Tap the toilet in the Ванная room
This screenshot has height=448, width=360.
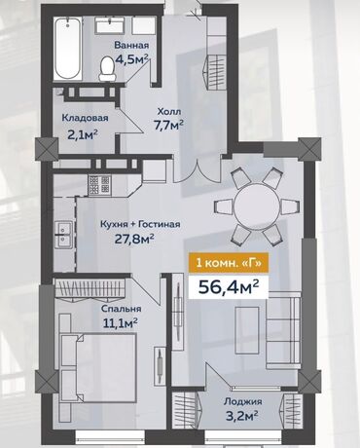(107, 69)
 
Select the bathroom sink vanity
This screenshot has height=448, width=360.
(110, 24)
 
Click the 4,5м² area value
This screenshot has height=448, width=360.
(131, 60)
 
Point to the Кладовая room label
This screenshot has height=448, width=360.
(85, 118)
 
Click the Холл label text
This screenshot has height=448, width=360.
(168, 111)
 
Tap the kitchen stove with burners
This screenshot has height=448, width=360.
(99, 185)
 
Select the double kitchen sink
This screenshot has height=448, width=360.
(63, 235)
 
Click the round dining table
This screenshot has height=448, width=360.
(257, 206)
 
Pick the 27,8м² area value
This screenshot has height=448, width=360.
(134, 239)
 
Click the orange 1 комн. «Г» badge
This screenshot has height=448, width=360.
(229, 262)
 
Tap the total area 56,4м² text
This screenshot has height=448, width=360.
(229, 286)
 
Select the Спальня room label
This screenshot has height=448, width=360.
(121, 309)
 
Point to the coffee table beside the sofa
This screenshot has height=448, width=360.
(247, 330)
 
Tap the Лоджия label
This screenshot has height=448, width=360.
(243, 401)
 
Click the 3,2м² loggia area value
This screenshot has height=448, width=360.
(242, 414)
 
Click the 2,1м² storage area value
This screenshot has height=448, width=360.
(83, 133)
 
